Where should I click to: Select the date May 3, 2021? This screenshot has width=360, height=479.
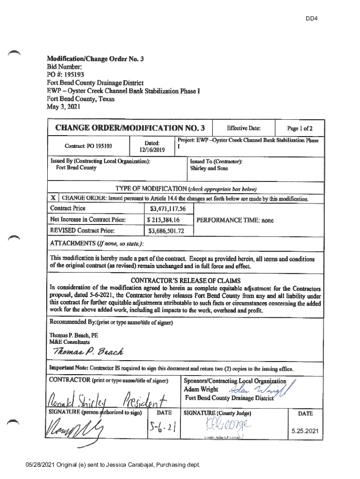(x=63, y=107)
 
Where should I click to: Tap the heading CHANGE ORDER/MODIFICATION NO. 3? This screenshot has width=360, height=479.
(x=130, y=128)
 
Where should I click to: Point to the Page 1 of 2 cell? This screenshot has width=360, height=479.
(x=299, y=128)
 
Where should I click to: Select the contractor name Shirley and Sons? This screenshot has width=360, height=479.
(x=209, y=168)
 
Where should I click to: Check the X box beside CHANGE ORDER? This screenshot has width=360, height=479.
(x=54, y=198)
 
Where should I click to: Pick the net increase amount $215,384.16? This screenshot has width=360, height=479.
(x=164, y=219)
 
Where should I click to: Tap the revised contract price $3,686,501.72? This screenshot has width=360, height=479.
(x=166, y=231)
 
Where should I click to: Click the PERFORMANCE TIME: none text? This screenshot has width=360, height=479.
(x=235, y=220)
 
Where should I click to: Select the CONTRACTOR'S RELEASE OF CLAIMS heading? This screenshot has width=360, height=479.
(x=185, y=280)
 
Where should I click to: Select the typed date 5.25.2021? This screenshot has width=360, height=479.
(x=306, y=431)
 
